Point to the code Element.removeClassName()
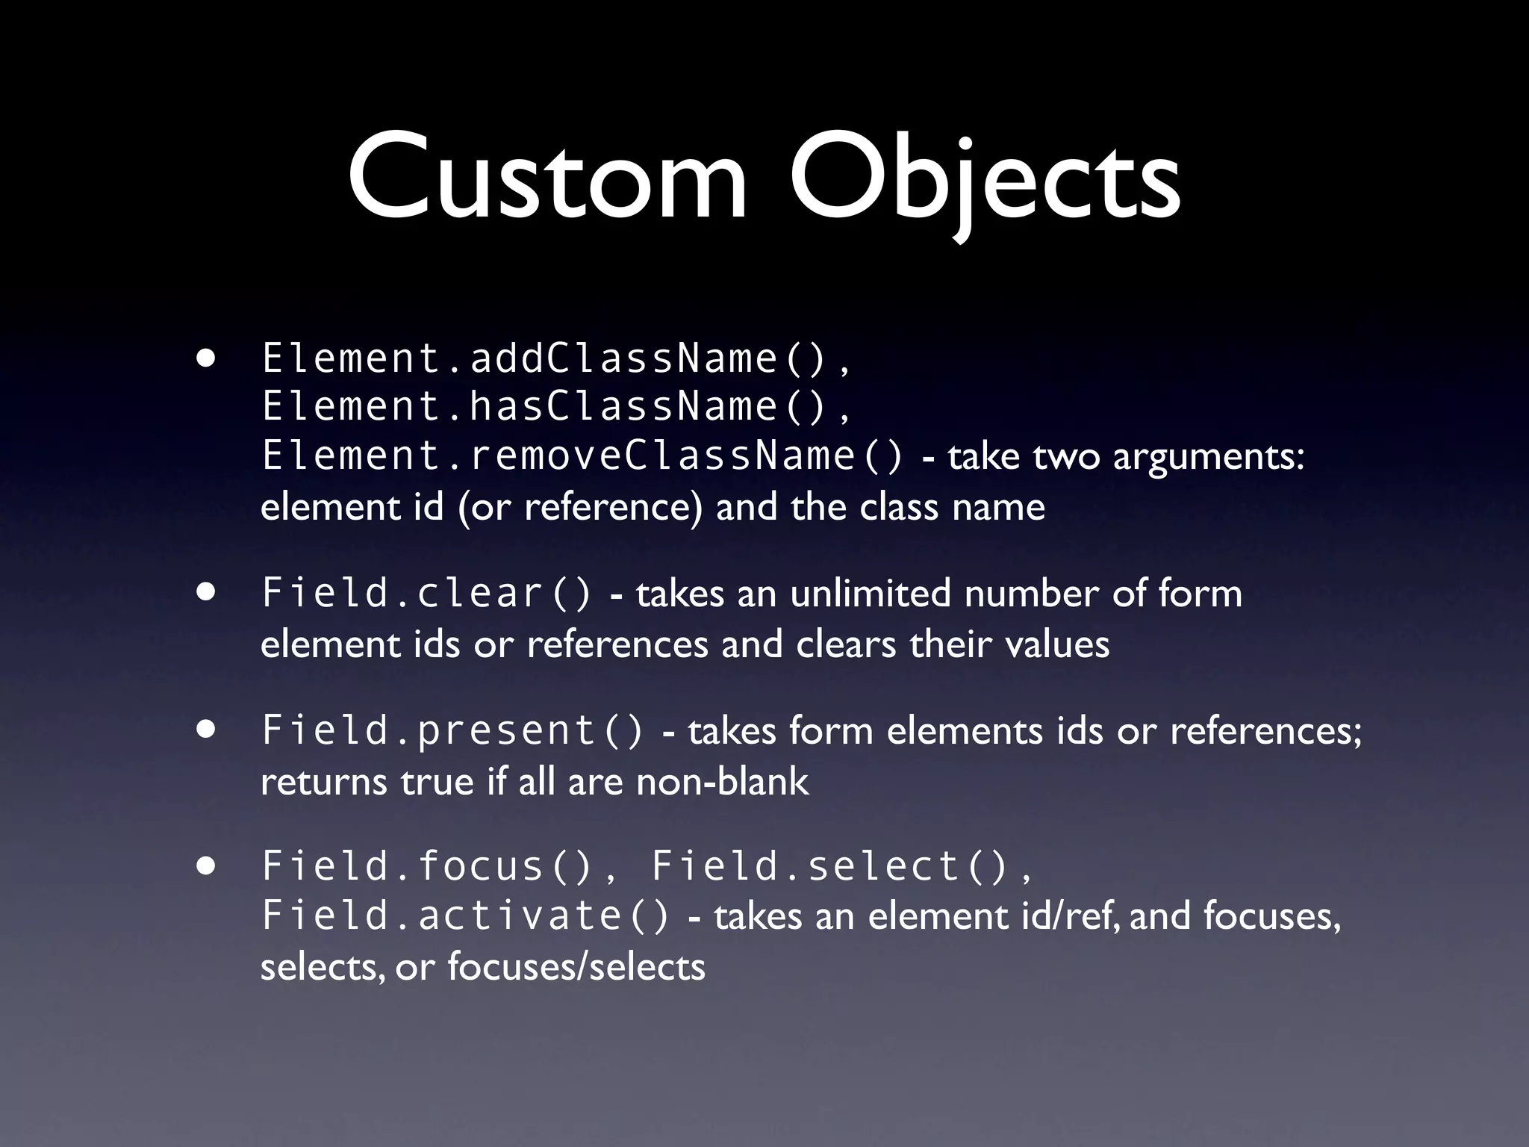click(582, 455)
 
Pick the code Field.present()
click(452, 730)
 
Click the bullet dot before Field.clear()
click(207, 593)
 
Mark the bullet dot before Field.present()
click(207, 730)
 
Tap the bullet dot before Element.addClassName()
click(207, 358)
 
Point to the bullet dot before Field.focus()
click(207, 866)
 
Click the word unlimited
click(870, 594)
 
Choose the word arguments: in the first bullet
click(1208, 457)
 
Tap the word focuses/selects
click(576, 967)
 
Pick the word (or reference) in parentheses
click(580, 508)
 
